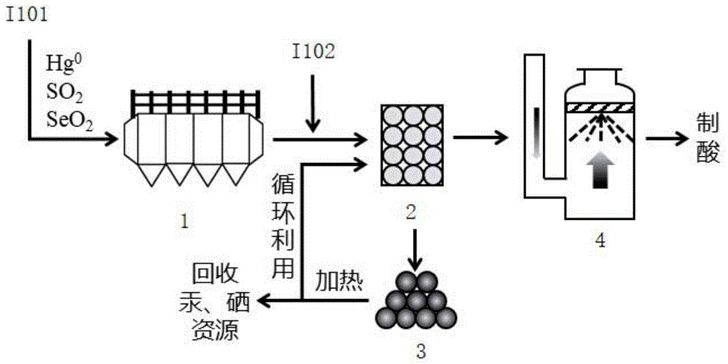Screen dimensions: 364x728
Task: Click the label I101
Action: point(27,15)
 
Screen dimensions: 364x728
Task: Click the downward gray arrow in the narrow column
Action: point(535,131)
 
